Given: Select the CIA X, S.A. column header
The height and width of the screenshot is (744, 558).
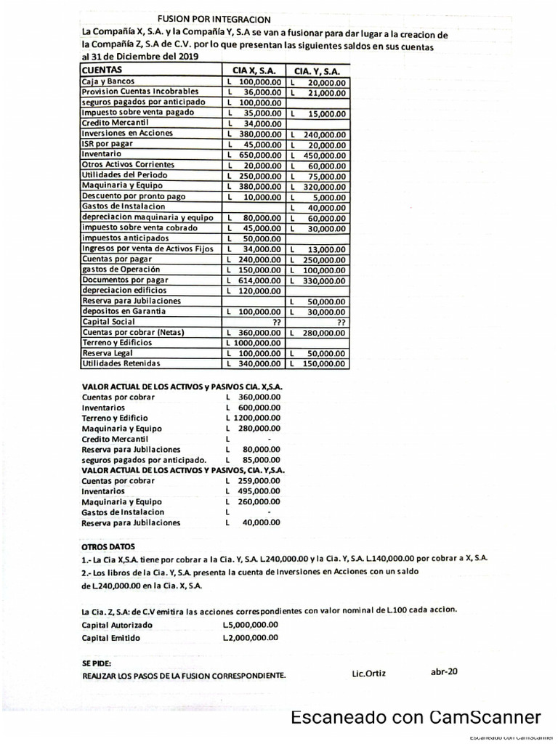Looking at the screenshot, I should [x=254, y=71].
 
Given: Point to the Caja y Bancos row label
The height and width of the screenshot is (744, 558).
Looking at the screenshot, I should [x=108, y=81].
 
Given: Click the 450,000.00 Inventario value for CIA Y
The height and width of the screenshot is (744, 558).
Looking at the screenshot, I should [x=320, y=155].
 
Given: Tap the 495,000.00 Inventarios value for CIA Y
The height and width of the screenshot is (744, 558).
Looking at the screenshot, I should [x=254, y=492].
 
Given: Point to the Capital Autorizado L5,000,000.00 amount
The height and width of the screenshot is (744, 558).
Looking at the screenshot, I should [x=251, y=624].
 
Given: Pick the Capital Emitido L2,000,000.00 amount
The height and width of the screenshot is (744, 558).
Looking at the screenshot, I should [x=251, y=638].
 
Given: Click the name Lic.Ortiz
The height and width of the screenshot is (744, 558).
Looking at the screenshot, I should [x=368, y=674].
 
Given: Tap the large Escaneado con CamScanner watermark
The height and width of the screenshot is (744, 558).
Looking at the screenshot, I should [x=416, y=718].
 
